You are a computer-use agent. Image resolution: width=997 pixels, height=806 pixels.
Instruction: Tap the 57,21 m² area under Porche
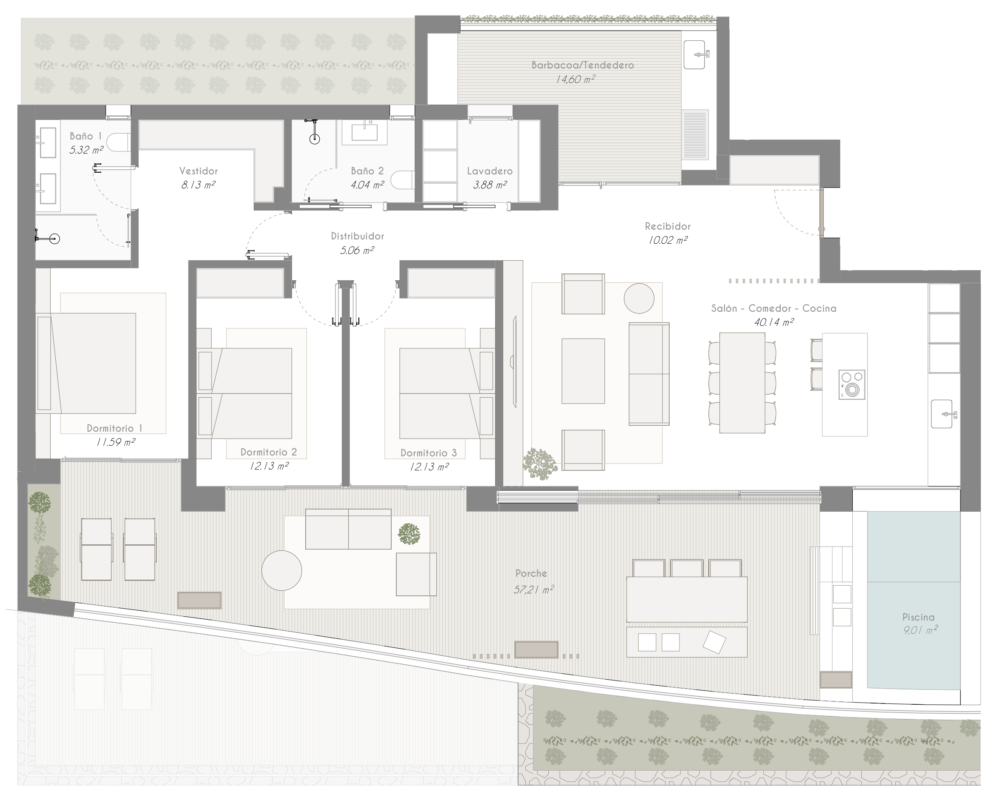[533, 590]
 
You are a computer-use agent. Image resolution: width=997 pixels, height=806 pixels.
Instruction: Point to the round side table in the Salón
[639, 299]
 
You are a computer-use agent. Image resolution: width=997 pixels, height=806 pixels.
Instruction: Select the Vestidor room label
[198, 171]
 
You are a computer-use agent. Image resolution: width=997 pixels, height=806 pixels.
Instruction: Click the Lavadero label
[490, 171]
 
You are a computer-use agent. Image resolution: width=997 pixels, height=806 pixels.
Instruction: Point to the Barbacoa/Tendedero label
[583, 65]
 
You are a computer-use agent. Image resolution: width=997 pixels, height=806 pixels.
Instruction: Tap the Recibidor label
[668, 226]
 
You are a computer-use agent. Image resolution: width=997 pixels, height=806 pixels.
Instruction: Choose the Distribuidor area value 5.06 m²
[357, 250]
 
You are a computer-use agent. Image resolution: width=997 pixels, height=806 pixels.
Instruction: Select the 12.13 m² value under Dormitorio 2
[269, 466]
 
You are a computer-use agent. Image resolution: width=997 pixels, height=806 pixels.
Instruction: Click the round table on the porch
[281, 570]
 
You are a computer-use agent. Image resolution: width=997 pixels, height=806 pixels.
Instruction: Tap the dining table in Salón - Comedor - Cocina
[742, 382]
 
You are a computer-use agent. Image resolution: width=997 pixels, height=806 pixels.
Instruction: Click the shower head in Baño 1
[54, 239]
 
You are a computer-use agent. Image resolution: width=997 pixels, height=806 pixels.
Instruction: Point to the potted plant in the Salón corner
[540, 463]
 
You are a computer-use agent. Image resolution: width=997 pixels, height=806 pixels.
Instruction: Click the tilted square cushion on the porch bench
[714, 642]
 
